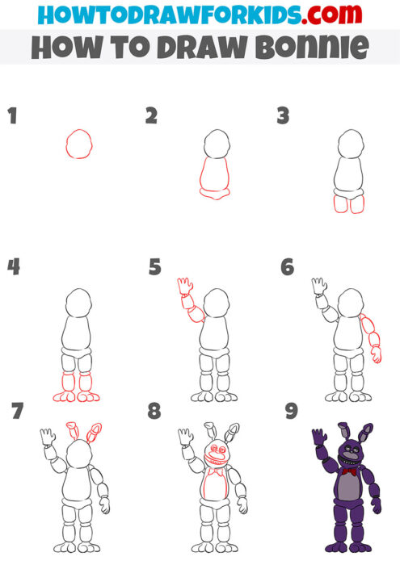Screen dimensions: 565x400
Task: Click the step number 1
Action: (12, 116)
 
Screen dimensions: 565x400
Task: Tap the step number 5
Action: (155, 266)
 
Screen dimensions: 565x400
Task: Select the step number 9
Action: (292, 412)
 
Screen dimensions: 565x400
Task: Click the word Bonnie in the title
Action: (317, 48)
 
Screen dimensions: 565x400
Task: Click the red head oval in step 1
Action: (78, 144)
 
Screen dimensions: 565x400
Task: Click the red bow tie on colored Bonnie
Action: (349, 471)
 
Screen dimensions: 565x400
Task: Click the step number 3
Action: (283, 116)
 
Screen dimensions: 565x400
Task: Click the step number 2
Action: (151, 116)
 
